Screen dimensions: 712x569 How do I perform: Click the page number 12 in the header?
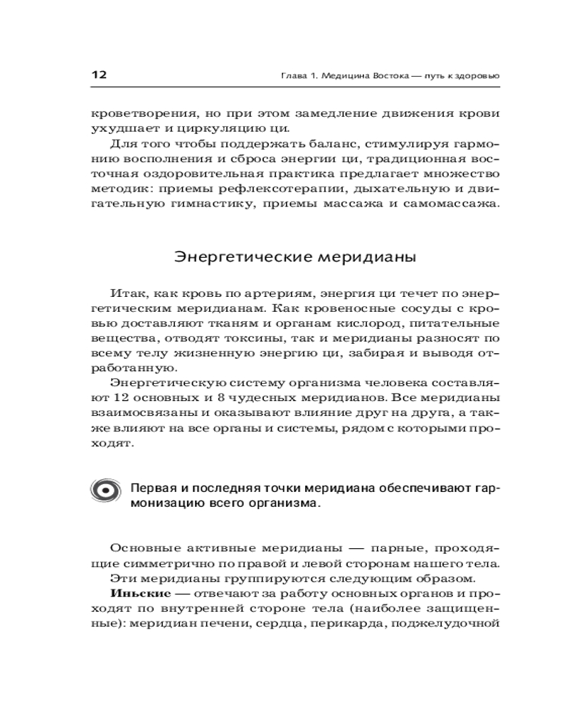click(x=98, y=75)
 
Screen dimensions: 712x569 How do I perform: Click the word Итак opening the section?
click(x=127, y=291)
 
